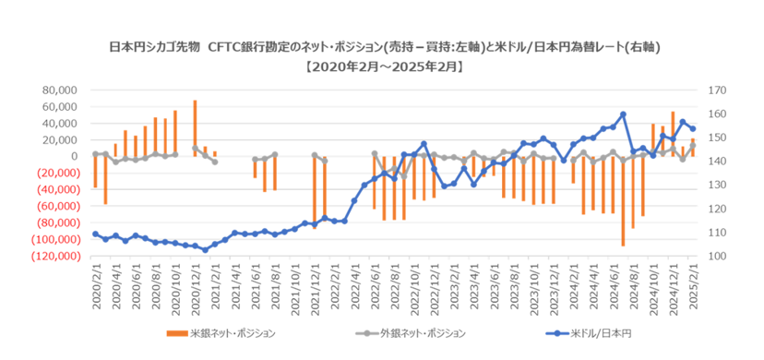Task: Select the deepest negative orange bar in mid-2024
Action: coord(623,200)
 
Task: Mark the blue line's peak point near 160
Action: coord(623,114)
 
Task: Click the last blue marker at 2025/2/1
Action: coord(693,129)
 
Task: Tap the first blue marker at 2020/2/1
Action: coord(95,234)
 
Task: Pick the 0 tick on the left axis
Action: coord(78,156)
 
